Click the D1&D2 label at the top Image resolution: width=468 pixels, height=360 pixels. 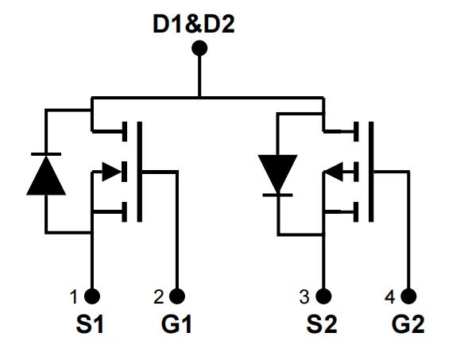tap(194, 24)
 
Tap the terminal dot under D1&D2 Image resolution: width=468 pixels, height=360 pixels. tap(199, 48)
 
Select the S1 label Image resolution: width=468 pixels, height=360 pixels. tap(90, 324)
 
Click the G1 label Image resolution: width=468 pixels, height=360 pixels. tap(176, 324)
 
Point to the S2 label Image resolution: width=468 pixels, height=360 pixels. tap(322, 324)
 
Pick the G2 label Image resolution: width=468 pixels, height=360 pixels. tap(408, 324)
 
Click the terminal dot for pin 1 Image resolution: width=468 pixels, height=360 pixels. tap(92, 296)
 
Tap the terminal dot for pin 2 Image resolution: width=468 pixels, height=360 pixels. tap(177, 296)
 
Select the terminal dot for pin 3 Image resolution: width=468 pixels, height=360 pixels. tap(323, 296)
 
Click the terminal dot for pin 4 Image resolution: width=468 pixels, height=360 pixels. tap(408, 296)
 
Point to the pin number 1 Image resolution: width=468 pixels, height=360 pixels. tap(74, 297)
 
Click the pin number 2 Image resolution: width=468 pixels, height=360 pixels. tap(159, 297)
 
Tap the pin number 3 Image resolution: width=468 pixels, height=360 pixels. tap(304, 297)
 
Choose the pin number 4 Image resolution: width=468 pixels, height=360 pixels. tap(389, 297)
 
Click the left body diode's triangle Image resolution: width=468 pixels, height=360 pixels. tap(46, 176)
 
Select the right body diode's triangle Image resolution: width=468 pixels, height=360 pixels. tap(277, 174)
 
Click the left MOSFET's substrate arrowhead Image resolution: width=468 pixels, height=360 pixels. tap(112, 172)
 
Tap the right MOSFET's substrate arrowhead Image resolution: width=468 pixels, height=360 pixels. tap(334, 172)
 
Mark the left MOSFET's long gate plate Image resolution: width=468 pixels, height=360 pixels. tap(139, 172)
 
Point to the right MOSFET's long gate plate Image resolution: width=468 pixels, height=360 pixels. tap(371, 172)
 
